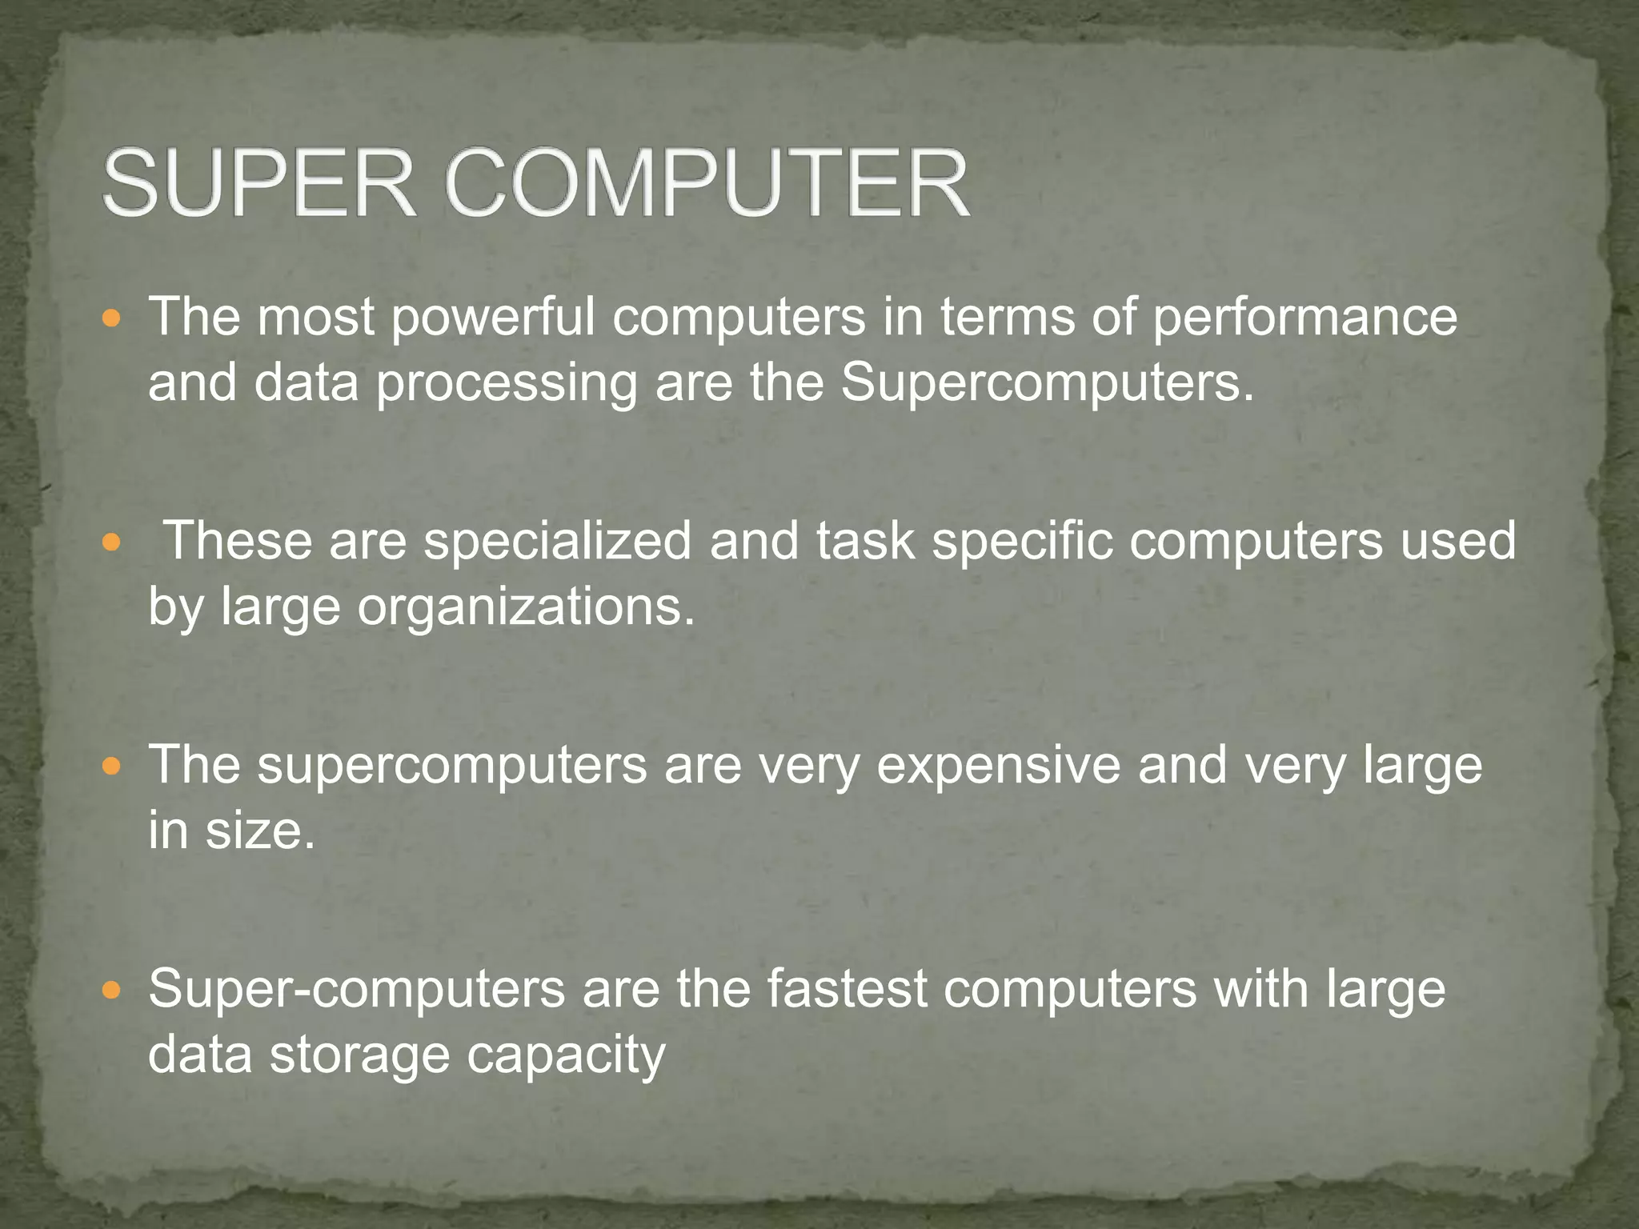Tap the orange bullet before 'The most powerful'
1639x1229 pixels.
[x=112, y=318]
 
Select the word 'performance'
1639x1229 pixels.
[x=1304, y=318]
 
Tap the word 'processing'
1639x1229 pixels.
[x=507, y=384]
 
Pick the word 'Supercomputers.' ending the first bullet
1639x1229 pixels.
[x=1047, y=384]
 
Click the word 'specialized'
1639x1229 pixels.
[x=557, y=542]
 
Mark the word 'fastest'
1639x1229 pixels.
[x=848, y=990]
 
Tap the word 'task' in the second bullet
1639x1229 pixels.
[x=865, y=542]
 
